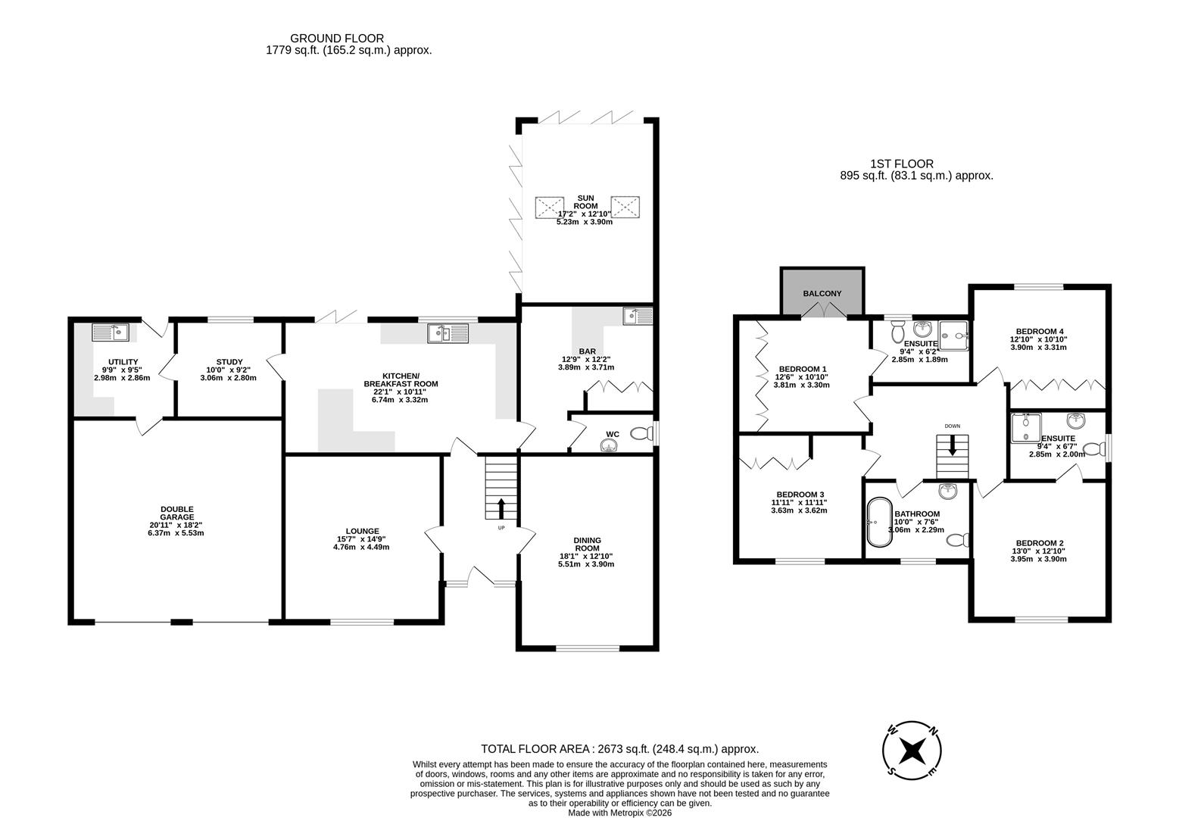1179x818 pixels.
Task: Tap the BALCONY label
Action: click(822, 293)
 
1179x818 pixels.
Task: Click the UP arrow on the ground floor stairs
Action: click(501, 508)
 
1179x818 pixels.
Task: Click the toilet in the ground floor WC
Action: click(641, 434)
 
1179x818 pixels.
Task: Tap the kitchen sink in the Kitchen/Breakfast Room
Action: click(448, 333)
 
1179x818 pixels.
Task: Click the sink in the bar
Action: click(638, 315)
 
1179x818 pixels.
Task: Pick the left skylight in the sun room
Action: click(549, 207)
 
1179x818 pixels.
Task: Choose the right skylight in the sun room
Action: click(625, 207)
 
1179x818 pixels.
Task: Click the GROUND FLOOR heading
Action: click(337, 38)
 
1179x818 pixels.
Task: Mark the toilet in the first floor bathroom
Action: click(960, 540)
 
